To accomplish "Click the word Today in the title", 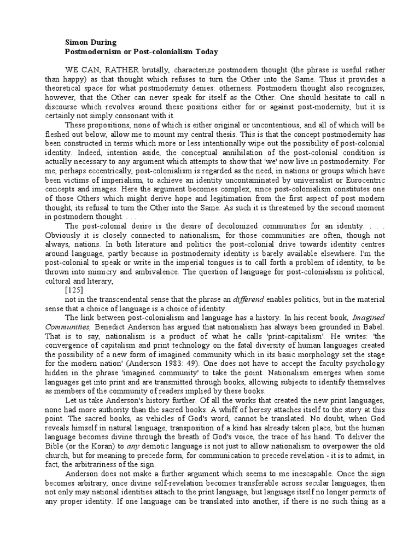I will point(205,51).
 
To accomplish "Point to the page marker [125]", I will point(74,290).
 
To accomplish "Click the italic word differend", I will point(249,299).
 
